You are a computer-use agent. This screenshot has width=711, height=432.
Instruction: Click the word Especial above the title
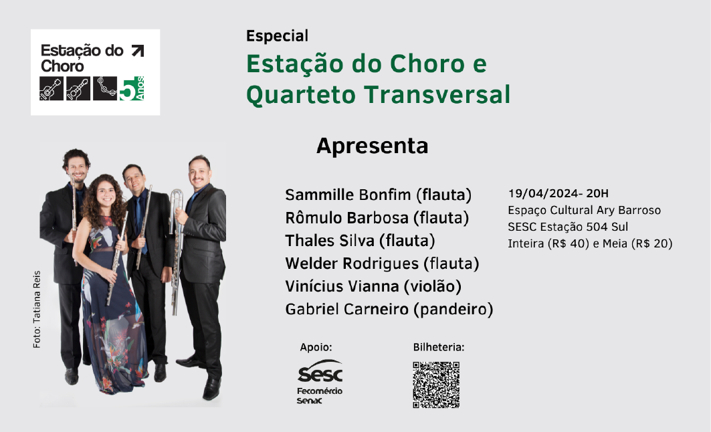coord(277,36)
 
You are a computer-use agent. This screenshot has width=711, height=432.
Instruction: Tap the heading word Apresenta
coord(373,146)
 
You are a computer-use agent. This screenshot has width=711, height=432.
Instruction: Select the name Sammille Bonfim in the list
coord(348,195)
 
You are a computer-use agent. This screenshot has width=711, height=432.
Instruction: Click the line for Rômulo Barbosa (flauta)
coord(377,218)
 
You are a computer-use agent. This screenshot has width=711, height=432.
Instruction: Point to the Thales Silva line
coord(360,241)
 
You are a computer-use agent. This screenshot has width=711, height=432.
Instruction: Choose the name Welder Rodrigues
coord(352,264)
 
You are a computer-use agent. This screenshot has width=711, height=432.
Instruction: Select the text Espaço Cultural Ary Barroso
coord(584,211)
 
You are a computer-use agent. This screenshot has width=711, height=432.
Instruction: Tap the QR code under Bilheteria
coord(436,385)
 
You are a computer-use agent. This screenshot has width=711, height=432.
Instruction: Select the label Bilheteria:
coord(439,347)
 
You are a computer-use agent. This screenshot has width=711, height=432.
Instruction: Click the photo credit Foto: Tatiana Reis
coord(37,310)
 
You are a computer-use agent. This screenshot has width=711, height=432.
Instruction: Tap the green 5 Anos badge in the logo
coord(132,88)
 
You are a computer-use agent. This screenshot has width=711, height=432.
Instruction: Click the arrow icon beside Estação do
coord(137,51)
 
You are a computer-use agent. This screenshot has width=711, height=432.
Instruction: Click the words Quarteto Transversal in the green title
coord(378,95)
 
